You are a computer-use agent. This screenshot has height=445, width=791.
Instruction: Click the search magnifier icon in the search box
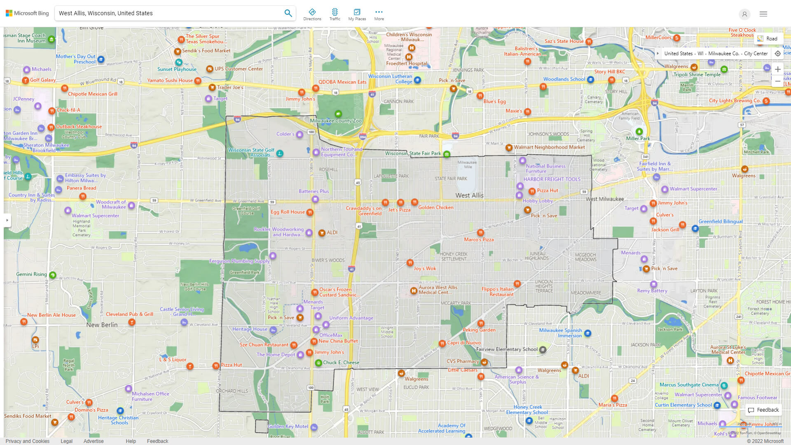click(288, 13)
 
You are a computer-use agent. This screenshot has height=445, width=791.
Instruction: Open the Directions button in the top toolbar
click(312, 14)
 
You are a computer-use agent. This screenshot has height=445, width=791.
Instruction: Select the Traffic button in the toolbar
click(335, 14)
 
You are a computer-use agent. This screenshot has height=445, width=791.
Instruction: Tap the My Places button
click(357, 14)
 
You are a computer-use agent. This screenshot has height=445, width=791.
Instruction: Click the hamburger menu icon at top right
click(763, 14)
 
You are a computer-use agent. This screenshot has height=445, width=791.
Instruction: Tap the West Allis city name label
click(469, 195)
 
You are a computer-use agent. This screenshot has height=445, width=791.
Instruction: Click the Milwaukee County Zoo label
click(335, 121)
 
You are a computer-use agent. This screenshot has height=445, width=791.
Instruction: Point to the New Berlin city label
click(102, 325)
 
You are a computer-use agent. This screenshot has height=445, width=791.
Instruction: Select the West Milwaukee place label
click(604, 199)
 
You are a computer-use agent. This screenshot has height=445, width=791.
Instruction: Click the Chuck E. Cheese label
click(341, 363)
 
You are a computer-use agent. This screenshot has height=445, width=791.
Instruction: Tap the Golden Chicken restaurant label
click(435, 207)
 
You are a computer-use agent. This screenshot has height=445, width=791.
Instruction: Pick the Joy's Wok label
click(424, 268)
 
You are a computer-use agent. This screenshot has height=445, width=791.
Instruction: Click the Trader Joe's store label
click(230, 87)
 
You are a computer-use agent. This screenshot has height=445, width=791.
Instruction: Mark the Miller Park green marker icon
click(639, 131)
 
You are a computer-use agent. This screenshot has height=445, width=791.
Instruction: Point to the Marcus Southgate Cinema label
click(689, 385)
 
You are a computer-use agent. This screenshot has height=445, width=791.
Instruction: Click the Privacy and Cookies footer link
click(28, 441)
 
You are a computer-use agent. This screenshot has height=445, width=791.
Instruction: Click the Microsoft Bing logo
click(27, 13)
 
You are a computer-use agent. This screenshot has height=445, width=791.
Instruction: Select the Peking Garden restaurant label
click(479, 330)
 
